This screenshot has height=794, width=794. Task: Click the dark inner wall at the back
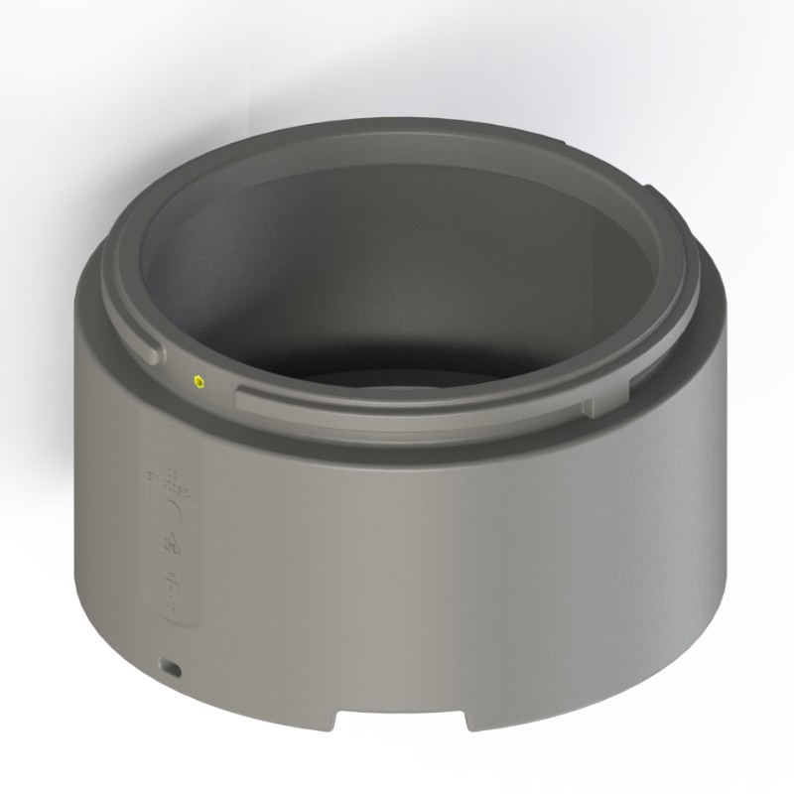(397, 258)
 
